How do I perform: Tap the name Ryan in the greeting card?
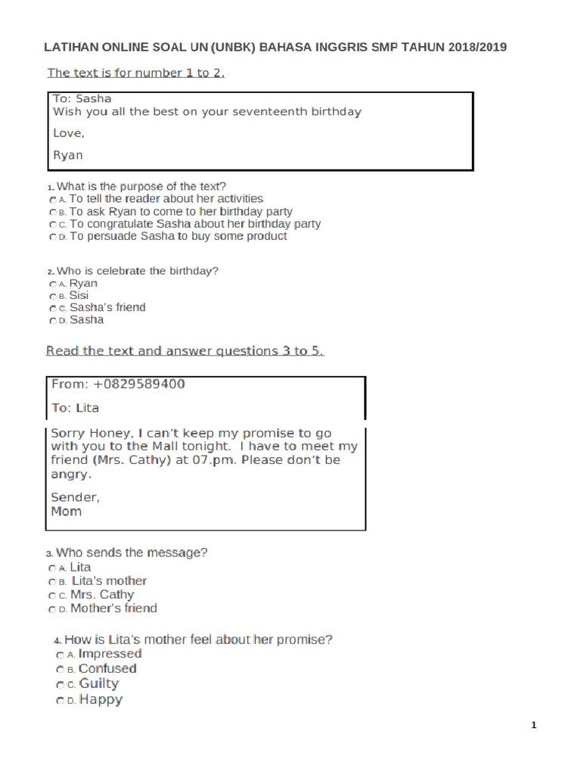pyautogui.click(x=67, y=155)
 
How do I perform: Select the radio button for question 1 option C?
pyautogui.click(x=51, y=225)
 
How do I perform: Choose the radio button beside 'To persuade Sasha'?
pyautogui.click(x=51, y=237)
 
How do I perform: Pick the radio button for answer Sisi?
pyautogui.click(x=51, y=296)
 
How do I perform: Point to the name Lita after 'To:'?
pyautogui.click(x=88, y=407)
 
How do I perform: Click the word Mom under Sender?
pyautogui.click(x=66, y=511)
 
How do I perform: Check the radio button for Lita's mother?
pyautogui.click(x=51, y=582)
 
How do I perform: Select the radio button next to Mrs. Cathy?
pyautogui.click(x=51, y=596)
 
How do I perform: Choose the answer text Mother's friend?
pyautogui.click(x=113, y=608)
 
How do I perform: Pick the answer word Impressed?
pyautogui.click(x=110, y=653)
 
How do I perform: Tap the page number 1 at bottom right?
pyautogui.click(x=533, y=726)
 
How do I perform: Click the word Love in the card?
pyautogui.click(x=67, y=133)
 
